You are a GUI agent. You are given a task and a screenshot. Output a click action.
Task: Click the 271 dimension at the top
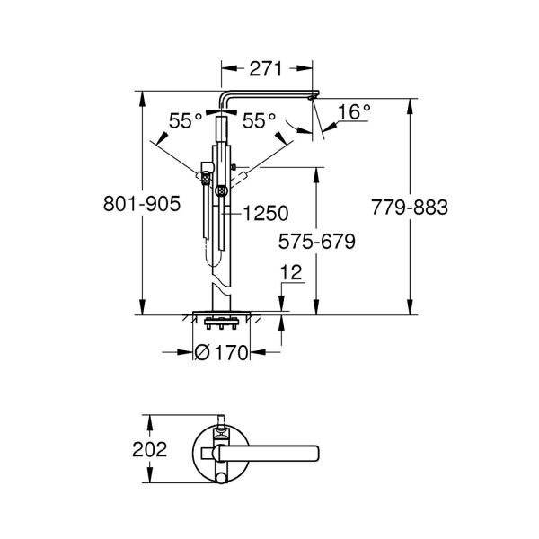(267, 69)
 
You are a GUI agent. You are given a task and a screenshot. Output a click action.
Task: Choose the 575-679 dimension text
(316, 242)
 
